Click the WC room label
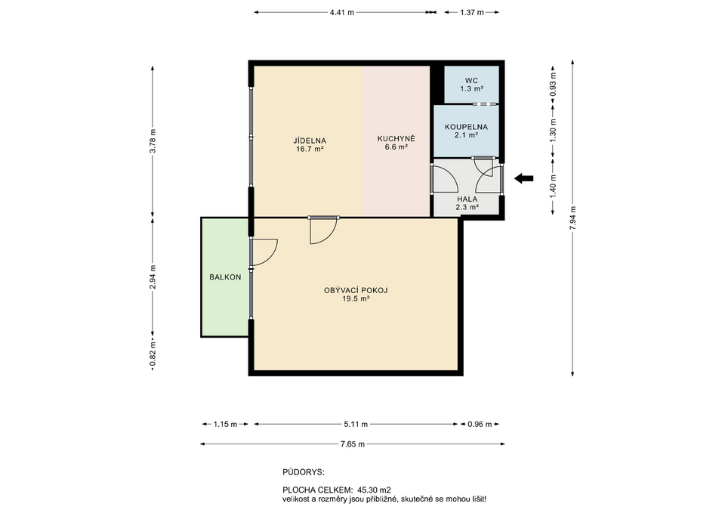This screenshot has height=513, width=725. (x=471, y=81)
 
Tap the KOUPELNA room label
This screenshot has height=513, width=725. (x=466, y=127)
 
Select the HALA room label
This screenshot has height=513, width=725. (x=467, y=199)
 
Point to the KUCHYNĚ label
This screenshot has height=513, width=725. (x=396, y=138)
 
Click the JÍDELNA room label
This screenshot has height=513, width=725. (x=310, y=141)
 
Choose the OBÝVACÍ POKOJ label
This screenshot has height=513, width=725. (x=356, y=291)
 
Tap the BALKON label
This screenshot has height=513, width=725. (x=225, y=277)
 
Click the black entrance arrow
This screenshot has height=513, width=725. (x=524, y=178)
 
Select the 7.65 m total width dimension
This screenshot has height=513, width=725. (x=353, y=444)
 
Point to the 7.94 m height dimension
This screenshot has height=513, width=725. (x=573, y=218)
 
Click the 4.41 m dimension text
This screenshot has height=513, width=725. (x=341, y=13)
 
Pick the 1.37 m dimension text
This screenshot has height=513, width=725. (x=471, y=13)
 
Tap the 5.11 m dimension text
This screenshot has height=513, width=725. (x=356, y=424)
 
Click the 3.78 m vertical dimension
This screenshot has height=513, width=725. (x=153, y=141)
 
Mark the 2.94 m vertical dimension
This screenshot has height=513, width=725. (x=153, y=277)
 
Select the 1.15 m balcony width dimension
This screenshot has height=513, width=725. (x=225, y=424)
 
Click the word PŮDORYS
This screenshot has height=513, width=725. (x=304, y=472)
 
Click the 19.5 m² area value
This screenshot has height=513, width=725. (x=356, y=299)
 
